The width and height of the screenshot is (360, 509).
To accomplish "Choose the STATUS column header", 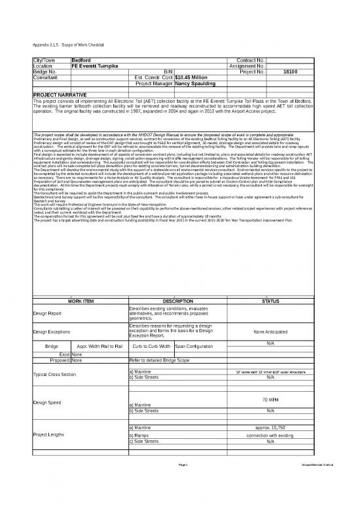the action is [270, 301].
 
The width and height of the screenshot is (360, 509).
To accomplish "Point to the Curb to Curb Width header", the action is [151, 345].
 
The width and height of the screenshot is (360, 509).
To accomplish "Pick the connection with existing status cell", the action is [270, 435].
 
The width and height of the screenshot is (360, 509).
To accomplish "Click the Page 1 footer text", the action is [183, 483].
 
